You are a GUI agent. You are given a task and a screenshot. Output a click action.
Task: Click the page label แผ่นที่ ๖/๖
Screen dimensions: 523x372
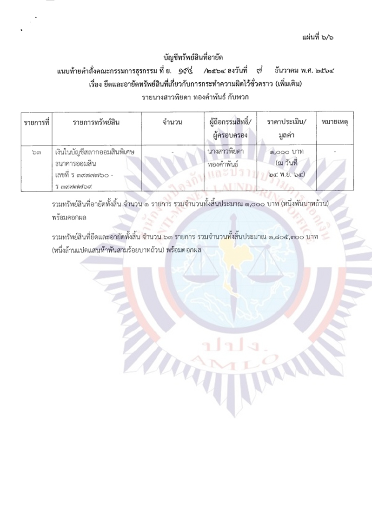pos(317,37)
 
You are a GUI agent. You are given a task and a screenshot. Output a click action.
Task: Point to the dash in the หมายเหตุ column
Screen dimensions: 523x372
pos(335,152)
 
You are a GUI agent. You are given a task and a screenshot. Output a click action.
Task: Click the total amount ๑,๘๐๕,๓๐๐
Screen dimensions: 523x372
pos(285,237)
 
